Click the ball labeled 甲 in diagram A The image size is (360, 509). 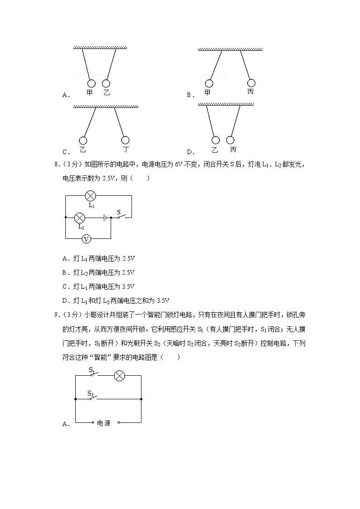coord(91,83)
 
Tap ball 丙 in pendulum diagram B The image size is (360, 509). coord(251,83)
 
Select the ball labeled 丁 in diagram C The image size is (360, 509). coord(125,141)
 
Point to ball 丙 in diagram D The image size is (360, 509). coord(231,140)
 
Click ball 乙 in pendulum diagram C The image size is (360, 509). coord(83,141)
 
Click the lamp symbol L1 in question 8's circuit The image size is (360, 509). coord(91,196)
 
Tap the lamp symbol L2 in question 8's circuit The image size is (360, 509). coord(80,218)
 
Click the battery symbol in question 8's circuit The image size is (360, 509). coord(105,218)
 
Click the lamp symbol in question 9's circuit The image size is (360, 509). coord(119,376)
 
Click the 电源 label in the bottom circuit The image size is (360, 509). coord(104,423)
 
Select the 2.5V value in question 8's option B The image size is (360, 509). coord(128,272)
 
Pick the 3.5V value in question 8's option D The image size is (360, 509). coord(163,301)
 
